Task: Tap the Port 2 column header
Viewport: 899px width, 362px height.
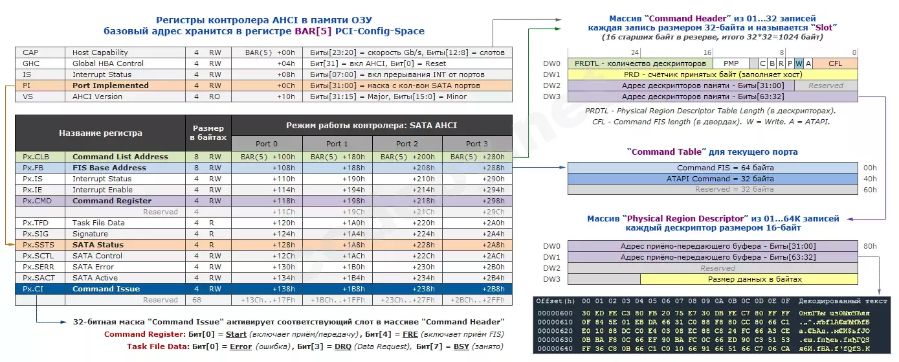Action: pos(407,144)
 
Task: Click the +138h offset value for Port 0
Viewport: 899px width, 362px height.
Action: pos(267,289)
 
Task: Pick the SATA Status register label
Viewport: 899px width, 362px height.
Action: pos(98,245)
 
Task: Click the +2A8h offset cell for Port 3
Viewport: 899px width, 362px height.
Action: pos(476,245)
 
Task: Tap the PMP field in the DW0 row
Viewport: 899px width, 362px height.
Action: pos(731,63)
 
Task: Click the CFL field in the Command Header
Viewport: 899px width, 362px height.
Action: pos(835,63)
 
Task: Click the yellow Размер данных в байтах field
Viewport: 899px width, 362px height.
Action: pos(749,279)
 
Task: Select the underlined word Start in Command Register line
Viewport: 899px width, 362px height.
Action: pos(236,334)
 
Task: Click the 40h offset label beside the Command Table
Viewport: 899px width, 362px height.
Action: pos(870,179)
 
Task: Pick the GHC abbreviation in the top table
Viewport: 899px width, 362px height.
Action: pos(31,63)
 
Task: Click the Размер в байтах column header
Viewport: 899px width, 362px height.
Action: pos(208,132)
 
